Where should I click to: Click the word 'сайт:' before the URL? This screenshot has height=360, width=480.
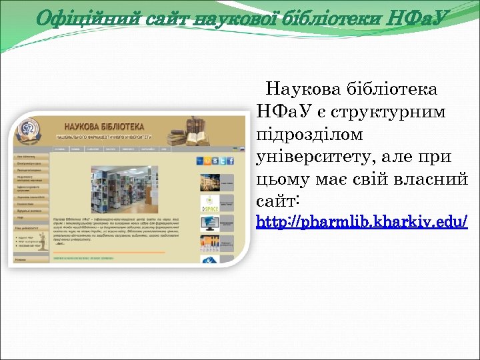coord(277,201)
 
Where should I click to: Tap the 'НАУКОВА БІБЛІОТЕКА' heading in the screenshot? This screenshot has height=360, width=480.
coord(103,125)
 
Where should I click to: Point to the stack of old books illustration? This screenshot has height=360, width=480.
coord(187,131)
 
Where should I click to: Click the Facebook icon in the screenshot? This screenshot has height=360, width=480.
coord(230,160)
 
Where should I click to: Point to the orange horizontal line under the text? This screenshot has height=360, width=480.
coord(109,253)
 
